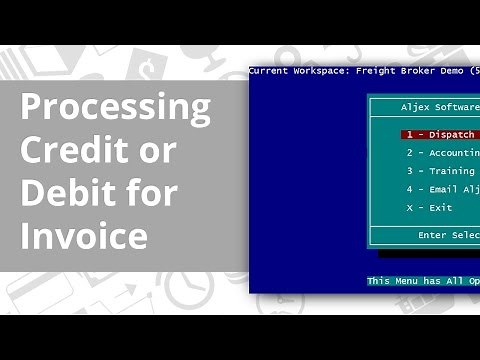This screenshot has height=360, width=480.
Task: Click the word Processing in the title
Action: coord(116,106)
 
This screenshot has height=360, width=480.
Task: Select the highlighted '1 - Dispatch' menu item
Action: coord(440,134)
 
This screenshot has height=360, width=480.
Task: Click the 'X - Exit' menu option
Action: coord(429,207)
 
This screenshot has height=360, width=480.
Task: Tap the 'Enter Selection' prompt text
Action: coord(448,234)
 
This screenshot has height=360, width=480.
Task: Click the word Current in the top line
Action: coord(267,71)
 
